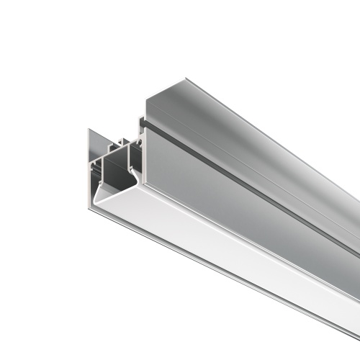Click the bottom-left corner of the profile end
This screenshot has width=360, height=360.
[x=91, y=210]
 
